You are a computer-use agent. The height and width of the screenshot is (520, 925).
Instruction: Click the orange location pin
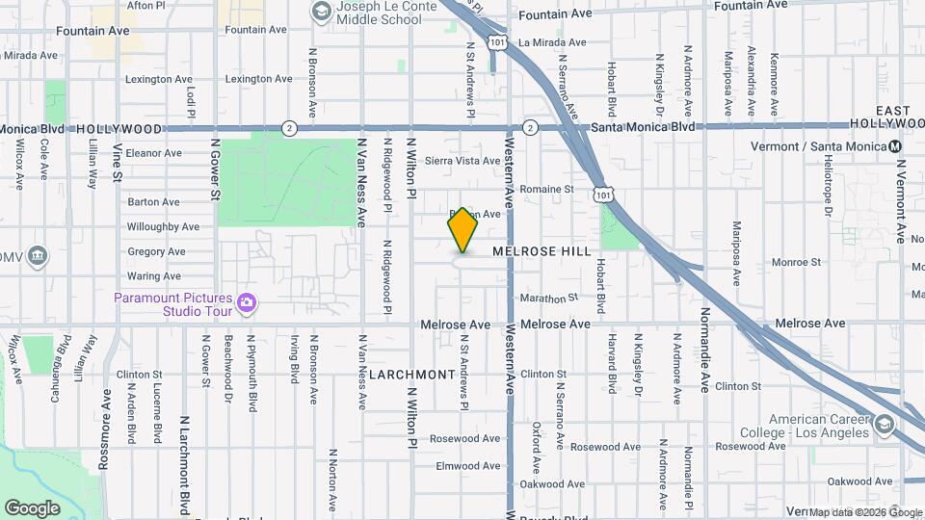(x=462, y=230)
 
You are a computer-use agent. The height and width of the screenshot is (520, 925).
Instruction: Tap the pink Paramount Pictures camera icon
(x=247, y=303)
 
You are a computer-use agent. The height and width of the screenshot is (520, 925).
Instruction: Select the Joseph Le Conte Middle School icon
(x=320, y=12)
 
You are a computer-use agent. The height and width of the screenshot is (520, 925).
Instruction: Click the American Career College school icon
(x=885, y=425)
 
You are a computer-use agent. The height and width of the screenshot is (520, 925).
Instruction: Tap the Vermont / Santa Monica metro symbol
(x=895, y=146)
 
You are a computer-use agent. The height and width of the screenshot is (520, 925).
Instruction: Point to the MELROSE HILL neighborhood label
(x=542, y=251)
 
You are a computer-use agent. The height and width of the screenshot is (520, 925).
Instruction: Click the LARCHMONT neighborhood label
(x=411, y=374)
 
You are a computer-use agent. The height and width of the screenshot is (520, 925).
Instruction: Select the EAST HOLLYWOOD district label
(x=886, y=118)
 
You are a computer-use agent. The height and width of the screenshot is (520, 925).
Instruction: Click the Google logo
(x=32, y=507)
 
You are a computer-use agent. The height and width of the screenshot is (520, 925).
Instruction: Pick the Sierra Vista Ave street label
(x=462, y=161)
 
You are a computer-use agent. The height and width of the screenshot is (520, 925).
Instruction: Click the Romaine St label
(x=546, y=190)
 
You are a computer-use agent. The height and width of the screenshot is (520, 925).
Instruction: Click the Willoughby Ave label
(x=163, y=227)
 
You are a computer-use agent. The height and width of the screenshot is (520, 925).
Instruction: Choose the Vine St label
(x=118, y=164)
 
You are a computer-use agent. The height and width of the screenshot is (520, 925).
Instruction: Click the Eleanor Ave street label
(x=154, y=153)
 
